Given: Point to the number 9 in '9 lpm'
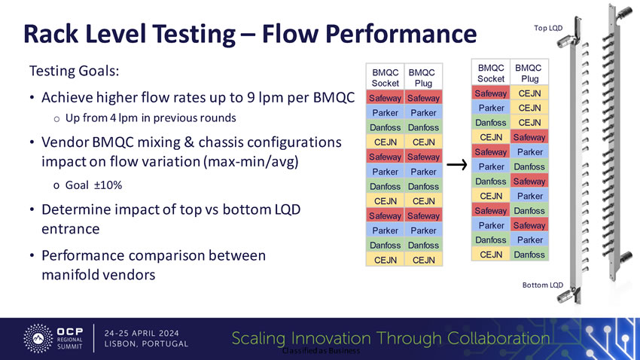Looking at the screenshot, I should pos(279,98).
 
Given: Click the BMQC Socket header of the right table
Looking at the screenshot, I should pos(491,73).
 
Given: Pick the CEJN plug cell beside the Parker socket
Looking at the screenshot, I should pos(529,108).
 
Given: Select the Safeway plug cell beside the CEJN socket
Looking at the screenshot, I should pos(529,137).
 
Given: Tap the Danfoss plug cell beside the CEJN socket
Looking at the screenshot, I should pos(529,255).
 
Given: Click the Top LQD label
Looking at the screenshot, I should pos(548,28).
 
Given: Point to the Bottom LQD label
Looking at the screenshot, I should pos(543,285).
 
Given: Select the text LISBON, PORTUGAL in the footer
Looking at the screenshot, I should pos(146,344).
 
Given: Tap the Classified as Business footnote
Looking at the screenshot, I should pos(320,351).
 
